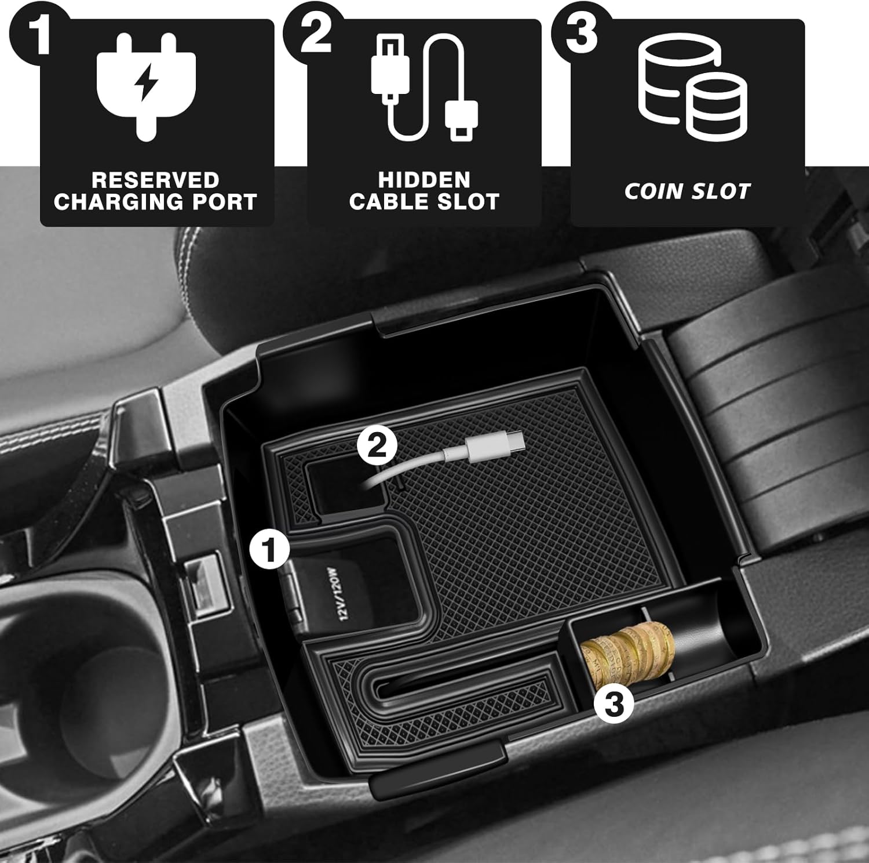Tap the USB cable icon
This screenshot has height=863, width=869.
(x=425, y=86)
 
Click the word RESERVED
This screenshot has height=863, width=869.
(x=155, y=180)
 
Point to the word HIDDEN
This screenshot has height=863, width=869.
(x=424, y=180)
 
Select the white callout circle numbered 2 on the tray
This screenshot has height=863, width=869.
(x=377, y=447)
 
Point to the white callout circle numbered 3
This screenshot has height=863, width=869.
(x=614, y=705)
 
